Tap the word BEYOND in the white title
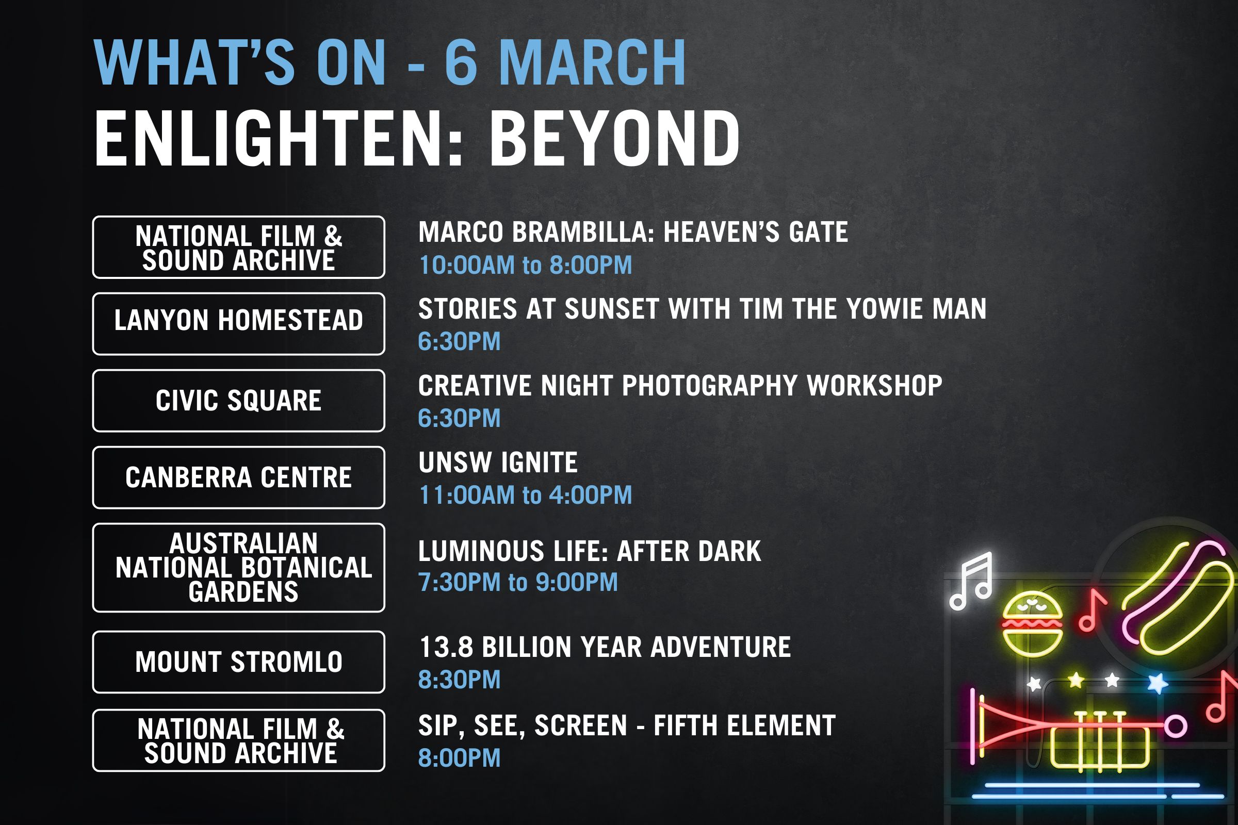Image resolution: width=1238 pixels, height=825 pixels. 614,138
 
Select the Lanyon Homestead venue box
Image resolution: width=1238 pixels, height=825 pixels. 238,324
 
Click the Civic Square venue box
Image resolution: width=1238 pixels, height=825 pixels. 238,401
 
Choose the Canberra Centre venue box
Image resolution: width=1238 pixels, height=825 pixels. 238,477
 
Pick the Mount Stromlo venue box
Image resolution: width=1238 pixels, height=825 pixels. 238,662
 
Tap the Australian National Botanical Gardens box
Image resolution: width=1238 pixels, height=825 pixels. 238,567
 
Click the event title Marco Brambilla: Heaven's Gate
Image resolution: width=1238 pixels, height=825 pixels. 633,232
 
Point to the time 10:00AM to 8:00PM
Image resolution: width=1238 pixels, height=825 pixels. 525,265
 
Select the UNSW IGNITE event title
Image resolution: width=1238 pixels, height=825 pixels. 498,463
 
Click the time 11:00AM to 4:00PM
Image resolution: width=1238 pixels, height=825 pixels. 525,495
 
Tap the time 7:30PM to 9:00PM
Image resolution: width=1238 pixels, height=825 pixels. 518,583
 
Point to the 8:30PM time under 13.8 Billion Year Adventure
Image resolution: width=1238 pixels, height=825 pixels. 459,679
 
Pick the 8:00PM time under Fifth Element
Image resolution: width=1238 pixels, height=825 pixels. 459,757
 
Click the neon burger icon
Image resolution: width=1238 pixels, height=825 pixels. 1032,624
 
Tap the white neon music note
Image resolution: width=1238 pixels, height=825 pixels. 972,581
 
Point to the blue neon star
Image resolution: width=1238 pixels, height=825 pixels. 1158,683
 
